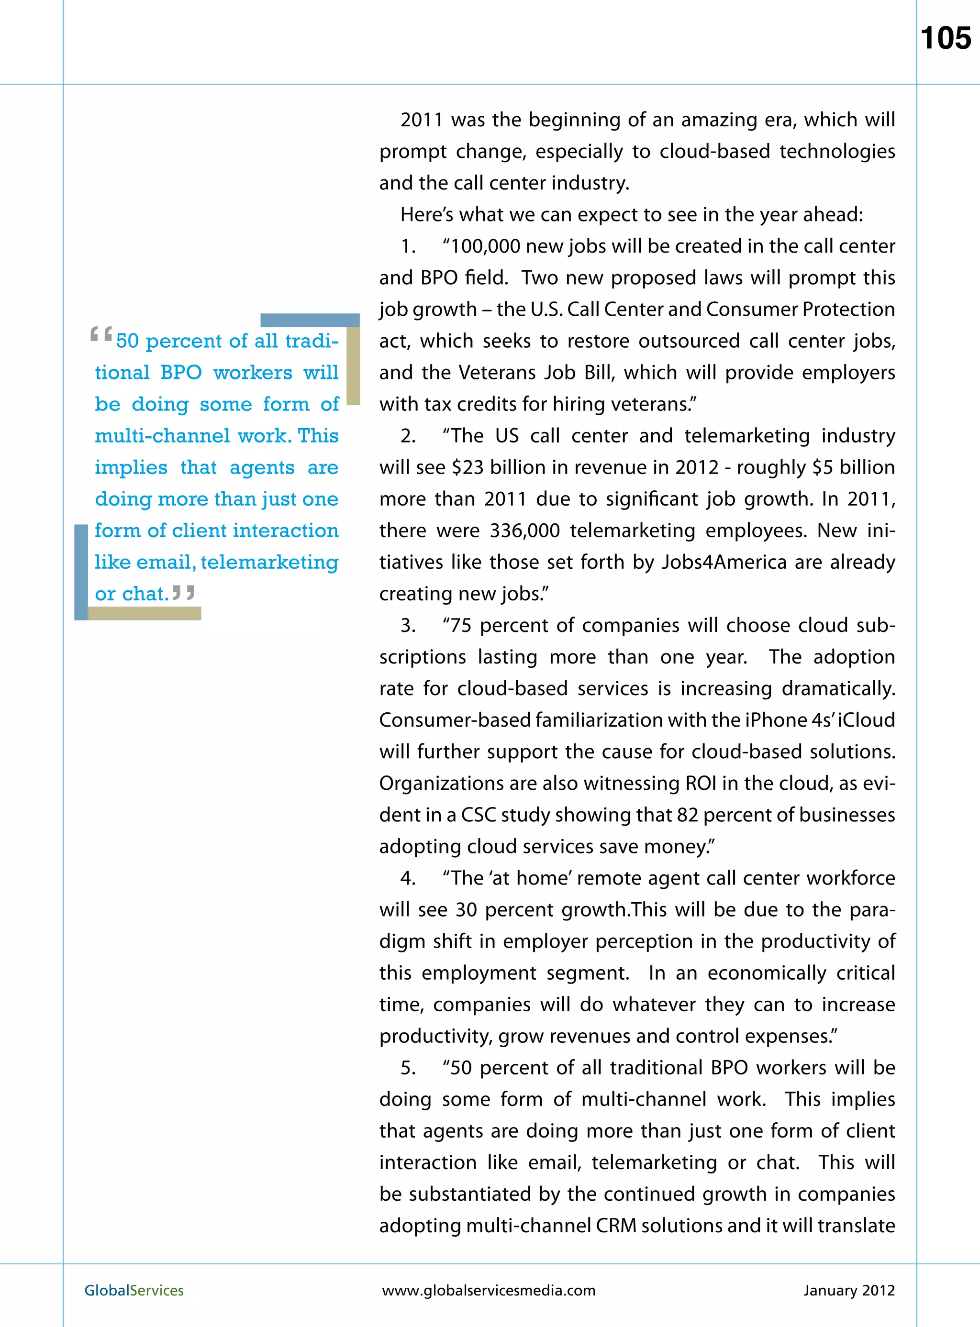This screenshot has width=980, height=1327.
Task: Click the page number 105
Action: [x=946, y=39]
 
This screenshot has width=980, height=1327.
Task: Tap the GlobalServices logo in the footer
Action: [x=134, y=1290]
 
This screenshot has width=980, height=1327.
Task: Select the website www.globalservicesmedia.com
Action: [x=488, y=1290]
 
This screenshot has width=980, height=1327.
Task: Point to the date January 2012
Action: [x=848, y=1290]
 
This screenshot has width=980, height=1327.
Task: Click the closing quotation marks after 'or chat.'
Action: [x=183, y=592]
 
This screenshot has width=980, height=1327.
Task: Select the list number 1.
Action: [x=408, y=246]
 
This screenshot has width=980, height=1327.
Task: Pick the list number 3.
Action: [x=408, y=626]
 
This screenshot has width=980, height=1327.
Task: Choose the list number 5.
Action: [x=408, y=1068]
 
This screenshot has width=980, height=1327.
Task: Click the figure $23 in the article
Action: [x=468, y=468]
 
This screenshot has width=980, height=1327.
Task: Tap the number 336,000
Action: [x=524, y=531]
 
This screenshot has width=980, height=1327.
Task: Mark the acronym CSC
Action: [x=478, y=815]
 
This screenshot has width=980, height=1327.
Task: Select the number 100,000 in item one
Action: [x=485, y=246]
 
